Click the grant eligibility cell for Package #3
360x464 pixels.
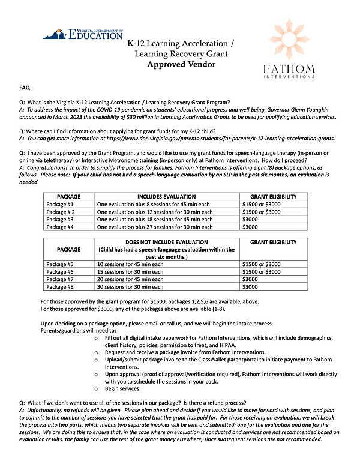(x=249, y=220)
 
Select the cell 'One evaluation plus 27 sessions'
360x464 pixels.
(x=155, y=227)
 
